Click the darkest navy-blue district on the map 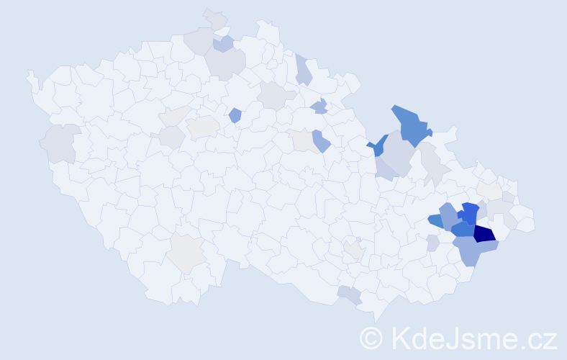pos(484,233)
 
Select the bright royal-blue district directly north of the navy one pos(470,213)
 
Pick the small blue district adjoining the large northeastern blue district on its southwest pos(377,146)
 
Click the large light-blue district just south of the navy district pos(473,251)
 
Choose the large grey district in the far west pos(60,143)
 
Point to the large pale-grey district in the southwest pos(186,253)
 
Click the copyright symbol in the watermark pos(372,338)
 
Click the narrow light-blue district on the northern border pos(303,70)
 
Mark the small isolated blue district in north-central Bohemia pos(235,114)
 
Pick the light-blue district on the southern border pos(350,294)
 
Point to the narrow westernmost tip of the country pos(30,75)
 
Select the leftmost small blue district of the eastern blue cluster pos(435,220)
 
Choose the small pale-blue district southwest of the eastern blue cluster pos(432,243)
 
